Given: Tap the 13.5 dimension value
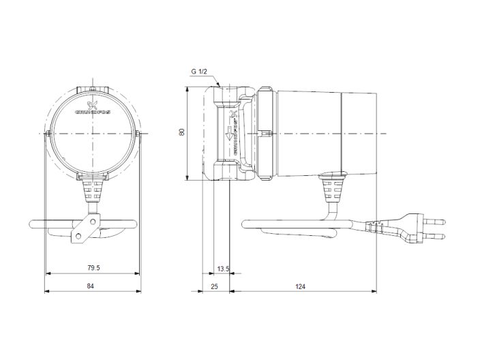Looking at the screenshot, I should tap(222, 268).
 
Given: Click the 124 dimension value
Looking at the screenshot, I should tap(301, 286).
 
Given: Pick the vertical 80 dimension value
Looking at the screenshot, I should tap(181, 133).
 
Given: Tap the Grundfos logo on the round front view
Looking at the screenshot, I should tap(92, 109).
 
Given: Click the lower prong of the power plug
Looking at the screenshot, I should tap(436, 235).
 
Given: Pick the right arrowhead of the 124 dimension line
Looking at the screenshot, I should tap(375, 291).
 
